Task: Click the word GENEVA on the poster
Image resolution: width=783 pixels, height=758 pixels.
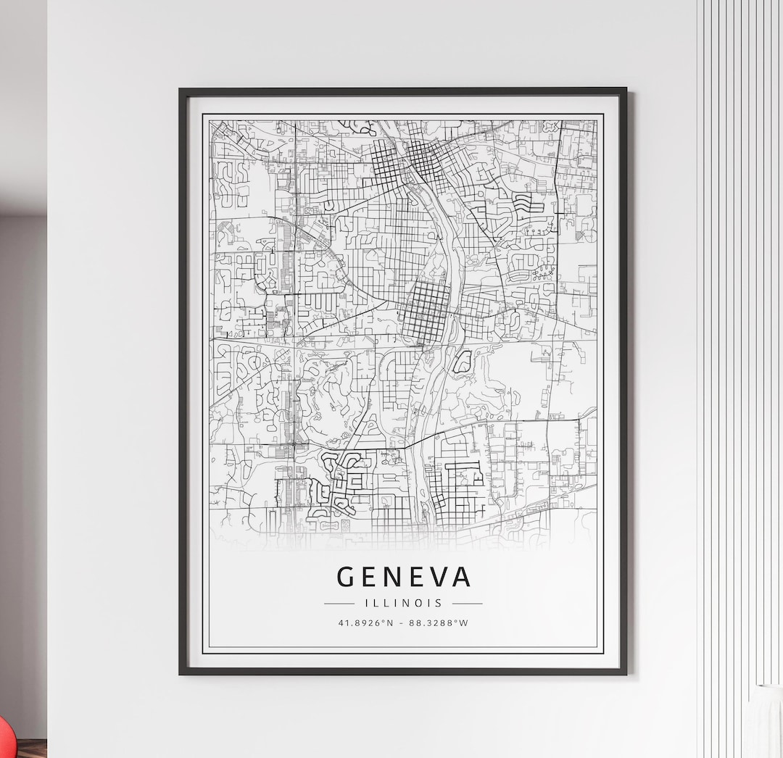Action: click(x=403, y=577)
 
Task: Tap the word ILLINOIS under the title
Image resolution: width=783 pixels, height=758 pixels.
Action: click(x=403, y=603)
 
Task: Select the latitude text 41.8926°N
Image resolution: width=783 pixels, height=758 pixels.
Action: click(x=365, y=622)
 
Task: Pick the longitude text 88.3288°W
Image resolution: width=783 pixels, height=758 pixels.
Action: click(x=439, y=622)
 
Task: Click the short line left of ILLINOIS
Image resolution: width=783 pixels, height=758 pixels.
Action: click(x=339, y=603)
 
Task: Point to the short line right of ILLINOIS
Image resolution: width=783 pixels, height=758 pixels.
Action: click(x=467, y=603)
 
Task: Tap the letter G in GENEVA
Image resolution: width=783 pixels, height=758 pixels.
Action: click(x=346, y=577)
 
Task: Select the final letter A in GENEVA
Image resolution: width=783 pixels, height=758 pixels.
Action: click(x=461, y=577)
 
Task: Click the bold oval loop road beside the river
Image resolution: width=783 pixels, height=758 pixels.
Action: click(x=462, y=361)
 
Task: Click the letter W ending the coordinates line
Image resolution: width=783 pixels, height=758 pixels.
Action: click(x=464, y=622)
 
